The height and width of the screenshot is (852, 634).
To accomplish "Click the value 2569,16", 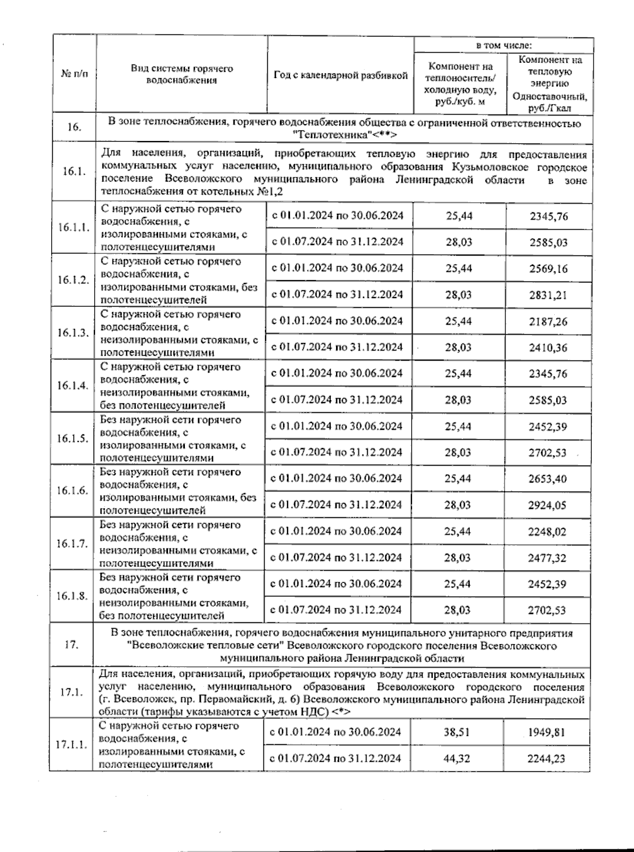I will point(548,269).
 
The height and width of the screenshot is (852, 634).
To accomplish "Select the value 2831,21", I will point(548,295).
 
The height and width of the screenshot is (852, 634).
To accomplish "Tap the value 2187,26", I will point(548,321).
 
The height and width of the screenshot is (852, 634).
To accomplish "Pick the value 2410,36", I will point(548,347).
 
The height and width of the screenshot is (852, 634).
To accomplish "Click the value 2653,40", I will point(547,479).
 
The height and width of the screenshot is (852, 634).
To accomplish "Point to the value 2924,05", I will point(547,505).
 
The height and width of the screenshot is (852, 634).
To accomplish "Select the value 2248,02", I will point(547,532).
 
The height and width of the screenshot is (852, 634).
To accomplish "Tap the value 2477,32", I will point(547,557).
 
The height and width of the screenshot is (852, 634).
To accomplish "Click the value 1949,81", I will point(546,733).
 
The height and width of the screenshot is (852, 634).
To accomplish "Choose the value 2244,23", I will point(546,759).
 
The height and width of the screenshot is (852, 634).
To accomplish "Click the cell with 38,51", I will point(457,733).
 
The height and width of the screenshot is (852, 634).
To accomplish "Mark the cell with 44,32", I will point(457,759).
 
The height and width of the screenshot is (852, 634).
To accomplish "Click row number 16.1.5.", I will point(73,439).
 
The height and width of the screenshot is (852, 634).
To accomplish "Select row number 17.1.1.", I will point(71,745).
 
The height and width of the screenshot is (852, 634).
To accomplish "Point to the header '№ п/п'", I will point(74,74).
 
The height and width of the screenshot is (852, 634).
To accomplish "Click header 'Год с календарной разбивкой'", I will point(341,75).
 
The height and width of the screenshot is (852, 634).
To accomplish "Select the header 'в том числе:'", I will point(504,45).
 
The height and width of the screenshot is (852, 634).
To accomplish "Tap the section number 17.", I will point(71,645).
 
